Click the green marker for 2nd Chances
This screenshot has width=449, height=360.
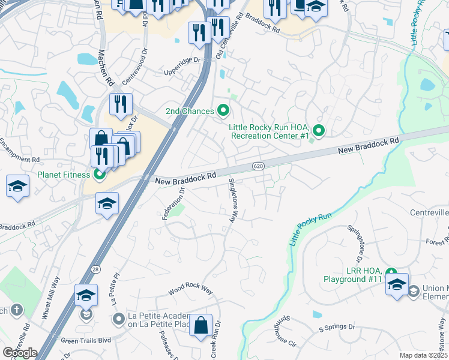click(224, 110)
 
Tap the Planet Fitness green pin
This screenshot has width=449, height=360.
click(99, 175)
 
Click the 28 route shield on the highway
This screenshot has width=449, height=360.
click(96, 270)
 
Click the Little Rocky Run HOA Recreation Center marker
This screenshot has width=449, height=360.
click(319, 130)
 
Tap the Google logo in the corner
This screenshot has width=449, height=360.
click(19, 353)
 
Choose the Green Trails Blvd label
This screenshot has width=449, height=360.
click(86, 340)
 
